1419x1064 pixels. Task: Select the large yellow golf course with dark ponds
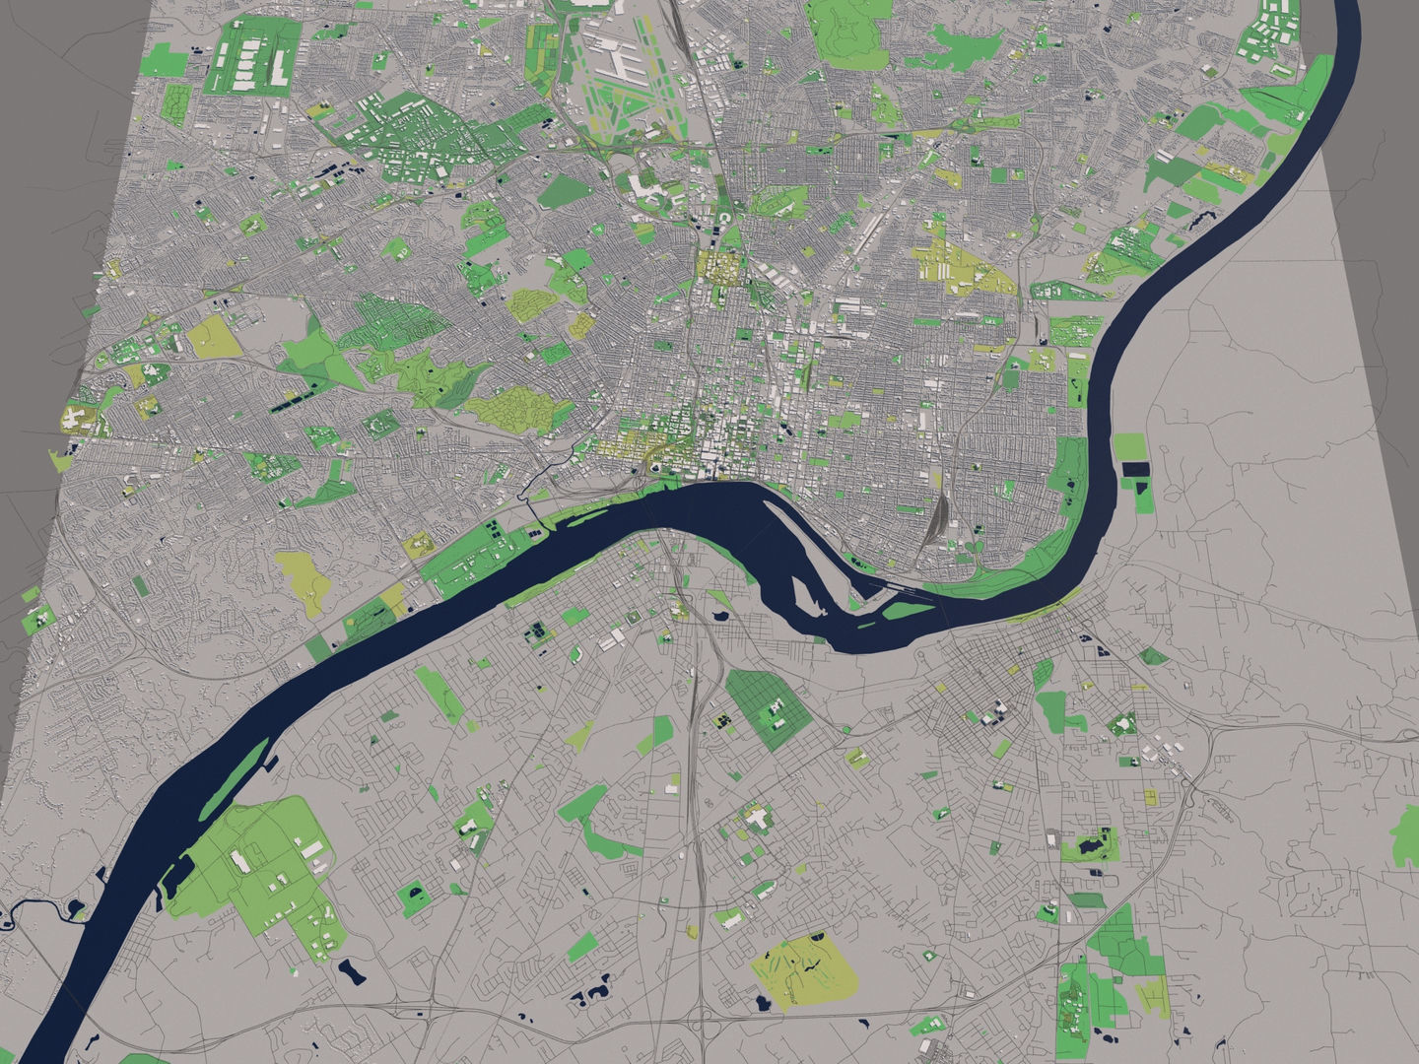pyautogui.click(x=800, y=970)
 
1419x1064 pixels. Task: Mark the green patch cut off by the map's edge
pyautogui.click(x=1405, y=832)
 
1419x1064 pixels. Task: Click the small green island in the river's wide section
pyautogui.click(x=867, y=621)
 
